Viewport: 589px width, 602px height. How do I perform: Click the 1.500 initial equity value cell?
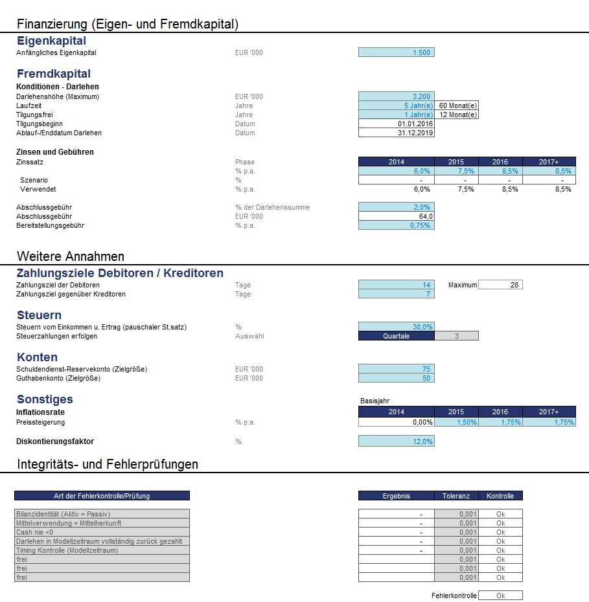pyautogui.click(x=396, y=52)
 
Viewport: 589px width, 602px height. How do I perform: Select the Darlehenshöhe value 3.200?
pyautogui.click(x=396, y=96)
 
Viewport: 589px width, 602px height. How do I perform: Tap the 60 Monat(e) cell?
pyautogui.click(x=457, y=106)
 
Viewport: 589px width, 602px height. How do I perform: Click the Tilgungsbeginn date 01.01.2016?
pyautogui.click(x=396, y=124)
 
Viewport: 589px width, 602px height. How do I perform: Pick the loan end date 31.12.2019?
pyautogui.click(x=396, y=133)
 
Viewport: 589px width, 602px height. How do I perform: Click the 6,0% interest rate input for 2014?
pyautogui.click(x=396, y=171)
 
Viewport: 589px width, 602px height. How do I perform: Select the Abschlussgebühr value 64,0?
pyautogui.click(x=396, y=216)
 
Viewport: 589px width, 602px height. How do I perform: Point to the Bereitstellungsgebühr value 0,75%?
pyautogui.click(x=396, y=225)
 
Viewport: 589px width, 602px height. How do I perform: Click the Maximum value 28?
pyautogui.click(x=500, y=285)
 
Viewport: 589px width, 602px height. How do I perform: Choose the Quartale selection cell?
pyautogui.click(x=396, y=336)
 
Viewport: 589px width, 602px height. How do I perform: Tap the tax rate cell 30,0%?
pyautogui.click(x=396, y=327)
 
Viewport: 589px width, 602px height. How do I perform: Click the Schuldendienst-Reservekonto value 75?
pyautogui.click(x=396, y=369)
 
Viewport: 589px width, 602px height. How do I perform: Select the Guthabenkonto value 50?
pyautogui.click(x=396, y=378)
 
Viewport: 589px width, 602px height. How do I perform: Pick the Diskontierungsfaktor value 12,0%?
pyautogui.click(x=396, y=441)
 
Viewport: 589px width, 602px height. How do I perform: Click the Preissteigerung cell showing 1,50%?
pyautogui.click(x=456, y=422)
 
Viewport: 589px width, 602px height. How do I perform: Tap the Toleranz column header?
pyautogui.click(x=456, y=496)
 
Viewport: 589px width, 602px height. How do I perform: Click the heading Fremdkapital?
pyautogui.click(x=54, y=74)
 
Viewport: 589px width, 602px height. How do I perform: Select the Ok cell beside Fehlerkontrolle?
pyautogui.click(x=500, y=596)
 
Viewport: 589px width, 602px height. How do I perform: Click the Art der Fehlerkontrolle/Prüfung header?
pyautogui.click(x=102, y=496)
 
